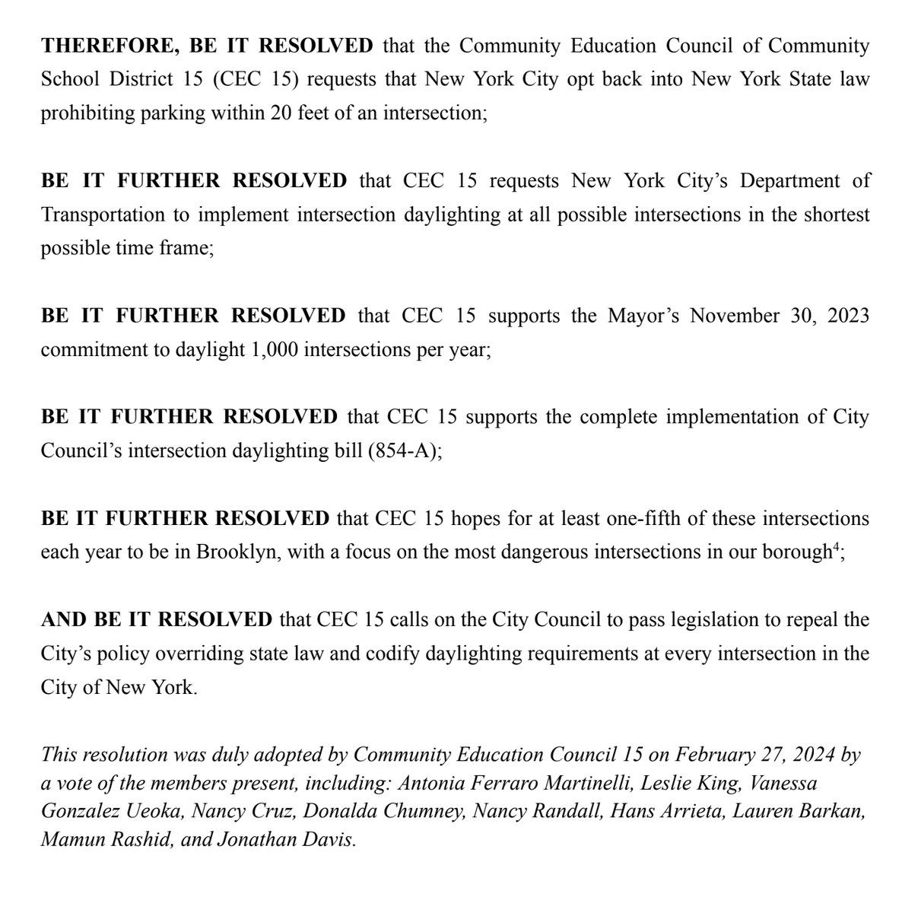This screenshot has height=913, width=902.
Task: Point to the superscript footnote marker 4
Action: (835, 546)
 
